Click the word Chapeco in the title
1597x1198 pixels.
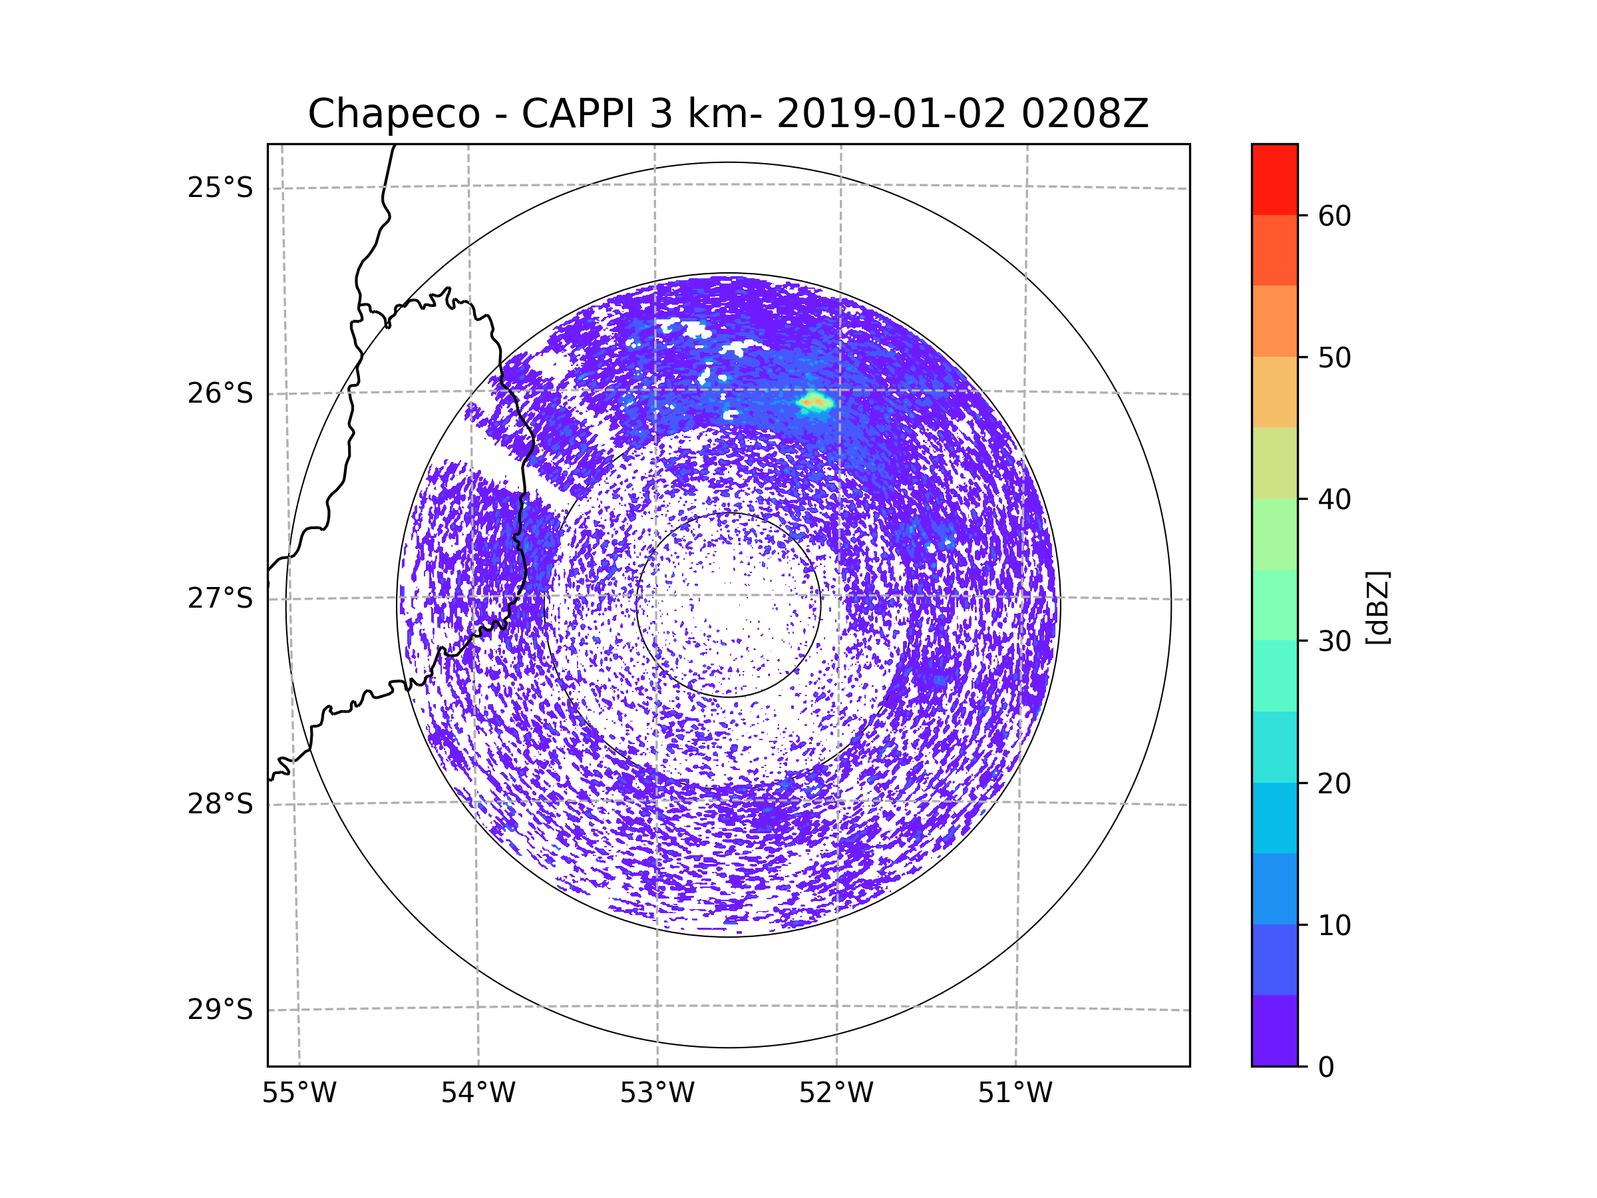pos(393,114)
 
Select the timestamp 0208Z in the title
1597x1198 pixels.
pos(1085,114)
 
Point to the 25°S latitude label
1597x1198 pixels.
pos(220,188)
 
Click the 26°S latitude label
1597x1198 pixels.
pos(220,393)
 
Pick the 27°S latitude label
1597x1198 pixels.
pos(220,598)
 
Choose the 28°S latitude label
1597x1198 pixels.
pos(220,804)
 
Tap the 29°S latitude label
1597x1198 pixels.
pos(220,1010)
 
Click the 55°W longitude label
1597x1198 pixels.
pos(299,1094)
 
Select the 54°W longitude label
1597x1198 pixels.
pos(478,1094)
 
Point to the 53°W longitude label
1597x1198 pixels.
pos(657,1094)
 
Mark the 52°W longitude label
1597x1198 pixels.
pos(836,1094)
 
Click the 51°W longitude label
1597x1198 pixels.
pos(1015,1094)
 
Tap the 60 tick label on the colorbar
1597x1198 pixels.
pos(1334,216)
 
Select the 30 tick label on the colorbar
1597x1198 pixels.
pos(1334,641)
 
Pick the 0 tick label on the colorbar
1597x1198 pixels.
pos(1326,1068)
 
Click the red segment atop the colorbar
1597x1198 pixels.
pos(1274,179)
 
